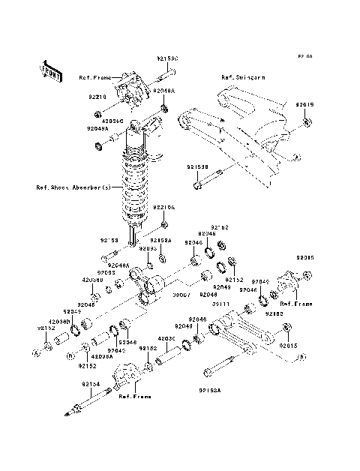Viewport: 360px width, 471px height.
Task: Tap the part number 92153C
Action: tap(167, 58)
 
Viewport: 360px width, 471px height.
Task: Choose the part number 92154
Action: tap(91, 384)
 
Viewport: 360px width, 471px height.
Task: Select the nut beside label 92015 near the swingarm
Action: tap(310, 121)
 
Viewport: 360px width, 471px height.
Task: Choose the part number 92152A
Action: tap(163, 241)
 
